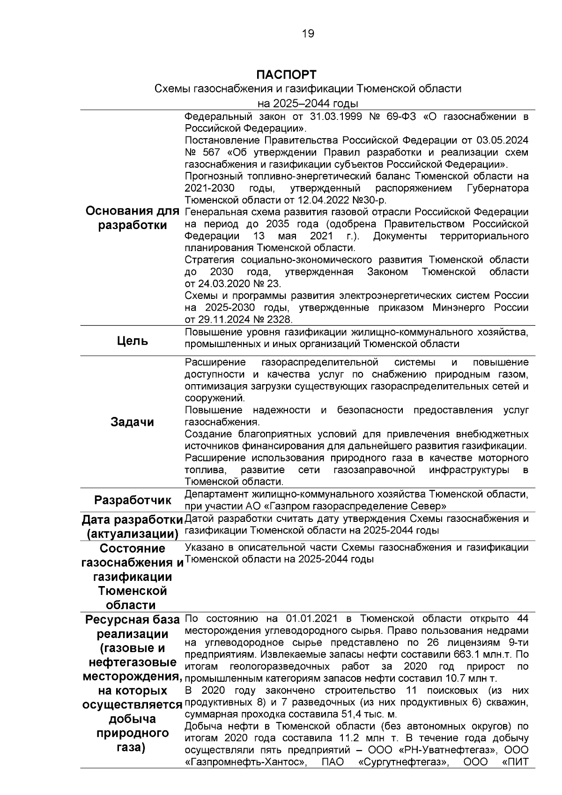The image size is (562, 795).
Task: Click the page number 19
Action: [x=309, y=33]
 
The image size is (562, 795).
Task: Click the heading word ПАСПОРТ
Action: [x=286, y=75]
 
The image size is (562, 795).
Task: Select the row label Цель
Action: [x=133, y=341]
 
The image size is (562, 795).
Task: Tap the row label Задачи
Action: [x=132, y=422]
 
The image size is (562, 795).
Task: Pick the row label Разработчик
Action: [x=133, y=500]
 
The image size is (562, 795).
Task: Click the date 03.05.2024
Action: [x=503, y=141]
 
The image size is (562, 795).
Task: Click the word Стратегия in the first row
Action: [x=210, y=260]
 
